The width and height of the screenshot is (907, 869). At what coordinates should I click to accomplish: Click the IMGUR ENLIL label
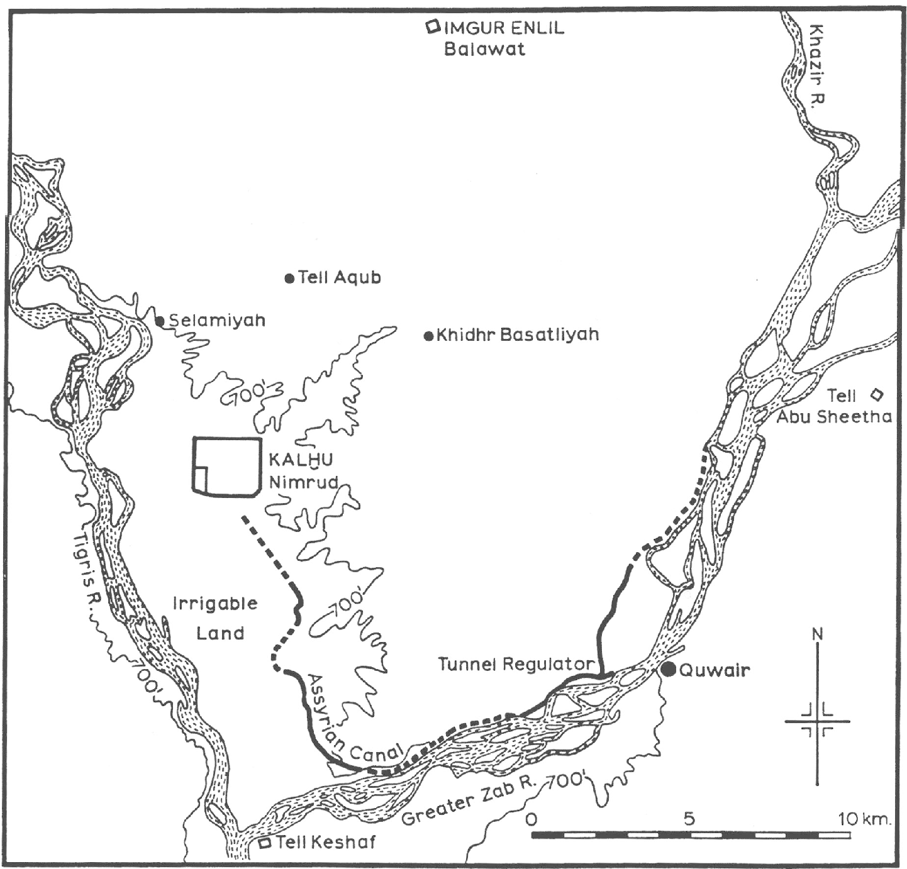504,28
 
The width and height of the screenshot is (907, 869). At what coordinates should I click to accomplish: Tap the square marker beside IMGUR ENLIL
432,27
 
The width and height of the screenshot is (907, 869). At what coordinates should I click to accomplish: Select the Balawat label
484,49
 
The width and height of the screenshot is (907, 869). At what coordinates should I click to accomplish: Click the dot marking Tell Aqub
289,279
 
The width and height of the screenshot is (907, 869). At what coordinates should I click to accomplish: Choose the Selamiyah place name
216,321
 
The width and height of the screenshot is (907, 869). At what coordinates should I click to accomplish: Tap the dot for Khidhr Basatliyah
428,336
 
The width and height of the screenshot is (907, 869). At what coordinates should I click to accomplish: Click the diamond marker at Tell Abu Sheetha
876,395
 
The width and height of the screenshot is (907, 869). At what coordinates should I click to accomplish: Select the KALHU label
301,460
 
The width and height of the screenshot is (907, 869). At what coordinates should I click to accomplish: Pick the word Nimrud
303,482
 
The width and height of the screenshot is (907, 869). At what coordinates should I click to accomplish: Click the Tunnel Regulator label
515,664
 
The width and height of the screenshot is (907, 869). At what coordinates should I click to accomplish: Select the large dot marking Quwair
668,670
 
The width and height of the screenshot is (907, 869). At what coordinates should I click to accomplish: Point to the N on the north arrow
817,634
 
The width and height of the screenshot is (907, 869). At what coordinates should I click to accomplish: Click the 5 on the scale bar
689,819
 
